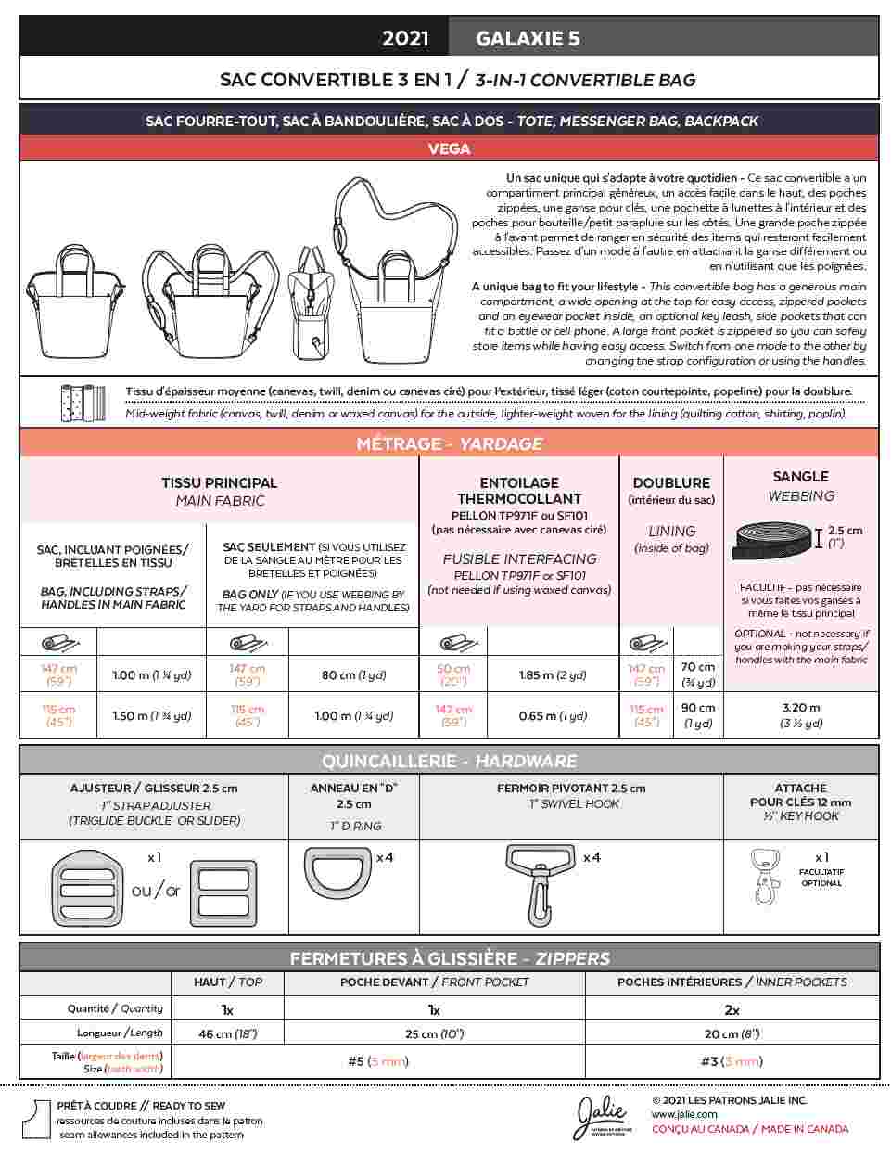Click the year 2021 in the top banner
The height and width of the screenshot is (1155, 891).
point(405,38)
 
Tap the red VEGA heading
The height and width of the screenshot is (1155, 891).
point(449,148)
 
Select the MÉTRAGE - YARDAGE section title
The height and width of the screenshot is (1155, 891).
point(449,443)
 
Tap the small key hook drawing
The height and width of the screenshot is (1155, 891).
point(766,877)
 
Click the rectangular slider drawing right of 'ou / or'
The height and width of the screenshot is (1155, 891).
point(223,892)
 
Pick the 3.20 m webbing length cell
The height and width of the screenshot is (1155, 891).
point(801,714)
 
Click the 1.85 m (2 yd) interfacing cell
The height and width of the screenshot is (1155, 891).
point(553,675)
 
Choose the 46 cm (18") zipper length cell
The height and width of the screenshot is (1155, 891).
point(227,1033)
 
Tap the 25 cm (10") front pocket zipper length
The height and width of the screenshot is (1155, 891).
point(433,1033)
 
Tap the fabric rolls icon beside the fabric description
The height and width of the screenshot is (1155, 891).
point(78,402)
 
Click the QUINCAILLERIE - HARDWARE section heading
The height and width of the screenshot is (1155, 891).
point(449,761)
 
